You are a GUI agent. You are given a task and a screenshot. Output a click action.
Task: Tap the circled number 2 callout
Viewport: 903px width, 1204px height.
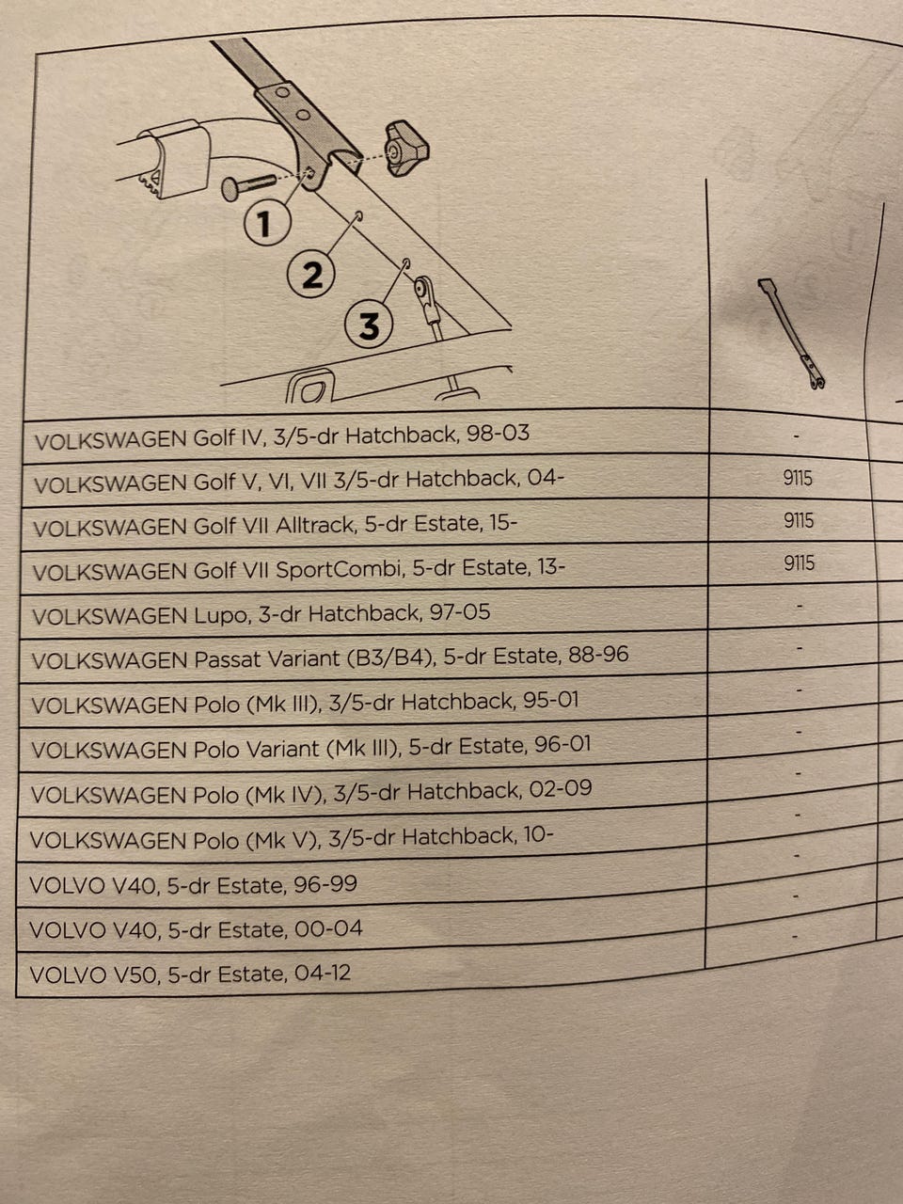pyautogui.click(x=312, y=274)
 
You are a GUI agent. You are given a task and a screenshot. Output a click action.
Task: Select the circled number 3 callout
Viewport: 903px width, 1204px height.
pyautogui.click(x=369, y=325)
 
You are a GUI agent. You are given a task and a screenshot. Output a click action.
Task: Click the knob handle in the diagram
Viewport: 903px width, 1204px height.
pyautogui.click(x=405, y=149)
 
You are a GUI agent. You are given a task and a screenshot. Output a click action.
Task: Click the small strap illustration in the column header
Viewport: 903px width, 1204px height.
pyautogui.click(x=791, y=334)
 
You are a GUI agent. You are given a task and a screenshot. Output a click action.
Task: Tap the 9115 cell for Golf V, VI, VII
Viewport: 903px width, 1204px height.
pyautogui.click(x=798, y=479)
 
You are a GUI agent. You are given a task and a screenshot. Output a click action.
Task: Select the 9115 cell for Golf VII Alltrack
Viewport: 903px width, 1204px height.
pyautogui.click(x=799, y=520)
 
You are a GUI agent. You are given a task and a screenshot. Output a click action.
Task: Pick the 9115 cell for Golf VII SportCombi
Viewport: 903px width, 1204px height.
pyautogui.click(x=799, y=562)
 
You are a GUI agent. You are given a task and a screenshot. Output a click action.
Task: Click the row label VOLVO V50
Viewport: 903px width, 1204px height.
pyautogui.click(x=94, y=974)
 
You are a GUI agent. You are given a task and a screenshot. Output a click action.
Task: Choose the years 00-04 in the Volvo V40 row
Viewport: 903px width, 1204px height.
pyautogui.click(x=328, y=928)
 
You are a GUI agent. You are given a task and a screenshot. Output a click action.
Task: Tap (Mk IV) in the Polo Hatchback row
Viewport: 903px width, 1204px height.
pyautogui.click(x=285, y=794)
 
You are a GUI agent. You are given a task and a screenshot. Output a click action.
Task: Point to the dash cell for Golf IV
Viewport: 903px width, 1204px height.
pyautogui.click(x=796, y=436)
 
